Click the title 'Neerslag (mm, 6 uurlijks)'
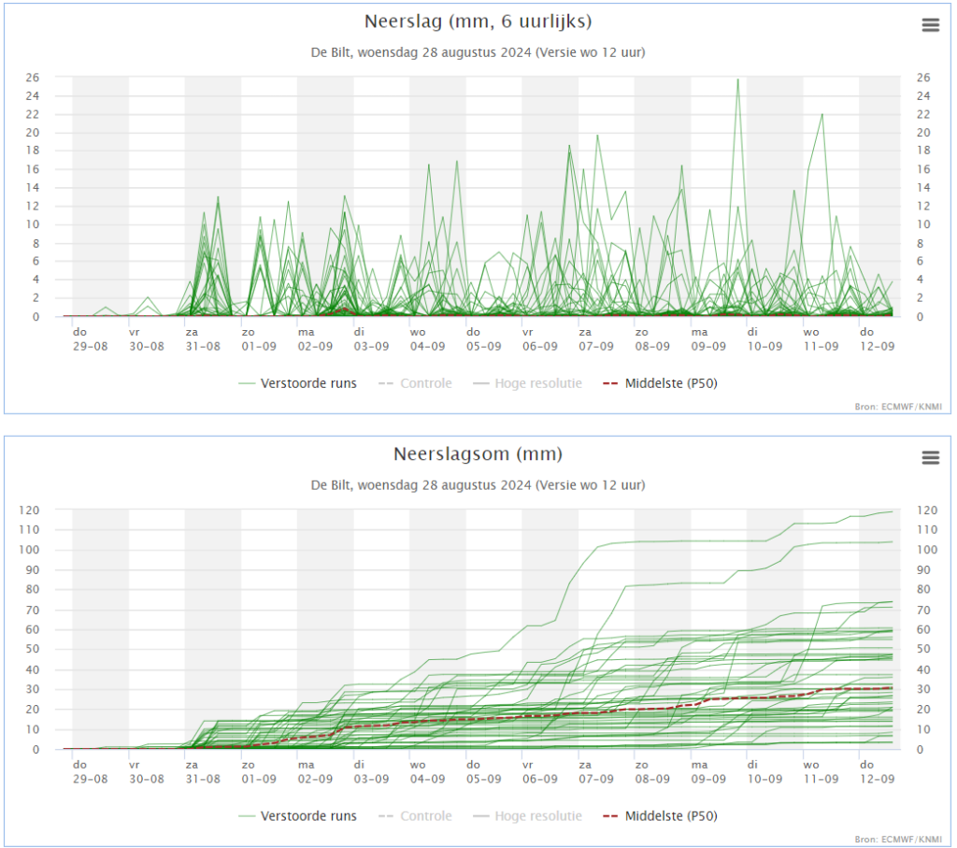tap(478, 22)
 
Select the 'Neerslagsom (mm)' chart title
tap(478, 454)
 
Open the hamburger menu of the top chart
tap(930, 25)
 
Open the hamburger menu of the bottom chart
tap(930, 457)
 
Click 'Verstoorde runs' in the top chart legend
tap(308, 383)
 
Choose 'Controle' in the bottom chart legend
tap(426, 816)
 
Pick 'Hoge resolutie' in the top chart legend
tap(538, 383)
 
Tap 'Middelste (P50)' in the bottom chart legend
tap(671, 816)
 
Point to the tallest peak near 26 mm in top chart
tap(738, 79)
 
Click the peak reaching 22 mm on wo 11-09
tap(822, 114)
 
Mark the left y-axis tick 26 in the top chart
tap(33, 78)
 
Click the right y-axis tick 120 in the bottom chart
tap(926, 510)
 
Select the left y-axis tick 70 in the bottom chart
tap(33, 610)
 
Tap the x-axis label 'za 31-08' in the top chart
tap(203, 339)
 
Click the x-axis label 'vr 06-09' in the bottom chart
tap(539, 771)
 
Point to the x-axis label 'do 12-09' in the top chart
tap(877, 339)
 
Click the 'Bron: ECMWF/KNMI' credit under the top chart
tap(898, 407)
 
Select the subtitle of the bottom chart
tap(478, 485)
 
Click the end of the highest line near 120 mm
tap(893, 511)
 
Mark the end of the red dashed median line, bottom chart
tap(893, 687)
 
